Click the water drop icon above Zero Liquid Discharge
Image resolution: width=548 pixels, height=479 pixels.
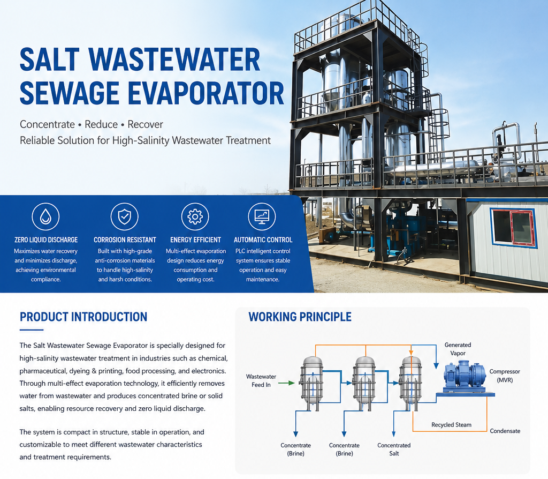coord(45,216)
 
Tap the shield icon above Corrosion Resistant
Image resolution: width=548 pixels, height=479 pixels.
coord(124,216)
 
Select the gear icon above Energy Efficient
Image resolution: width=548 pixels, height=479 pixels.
coord(195,216)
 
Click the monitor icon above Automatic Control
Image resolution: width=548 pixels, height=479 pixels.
coord(262,216)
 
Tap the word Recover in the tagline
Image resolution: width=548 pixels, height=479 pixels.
coord(145,124)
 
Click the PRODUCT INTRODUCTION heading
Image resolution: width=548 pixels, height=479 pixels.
coord(83,317)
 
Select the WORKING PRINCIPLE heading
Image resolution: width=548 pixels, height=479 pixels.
coord(300,317)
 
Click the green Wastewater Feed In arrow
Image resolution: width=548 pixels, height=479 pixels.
coord(287,383)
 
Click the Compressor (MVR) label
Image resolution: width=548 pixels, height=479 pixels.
coord(505,376)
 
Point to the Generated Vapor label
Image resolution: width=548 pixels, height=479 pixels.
coord(458,349)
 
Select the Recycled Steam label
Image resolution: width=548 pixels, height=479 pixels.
coord(451,425)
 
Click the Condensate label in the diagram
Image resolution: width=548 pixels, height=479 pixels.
coord(505,431)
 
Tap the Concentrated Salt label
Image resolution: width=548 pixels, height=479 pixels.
coord(394,449)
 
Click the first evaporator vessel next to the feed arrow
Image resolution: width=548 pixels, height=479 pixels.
coord(312,384)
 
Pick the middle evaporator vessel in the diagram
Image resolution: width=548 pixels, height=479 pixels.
coord(364,384)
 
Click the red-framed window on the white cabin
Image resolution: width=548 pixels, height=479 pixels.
coord(513,228)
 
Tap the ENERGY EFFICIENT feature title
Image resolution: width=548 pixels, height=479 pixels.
coord(195,239)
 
